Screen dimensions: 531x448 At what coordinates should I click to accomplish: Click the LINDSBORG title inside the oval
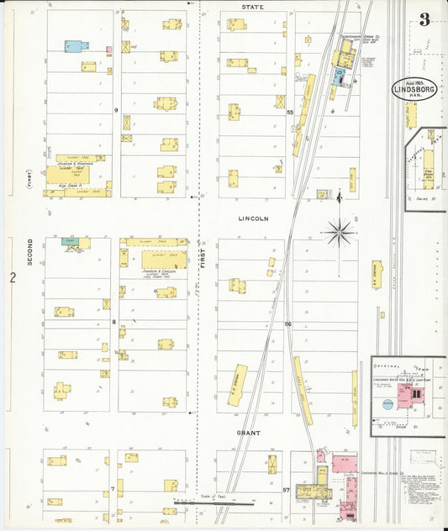[414, 88]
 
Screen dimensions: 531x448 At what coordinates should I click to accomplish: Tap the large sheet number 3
[424, 19]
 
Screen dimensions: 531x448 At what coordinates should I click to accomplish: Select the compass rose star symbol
[340, 232]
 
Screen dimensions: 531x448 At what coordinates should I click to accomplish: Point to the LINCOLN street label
[252, 218]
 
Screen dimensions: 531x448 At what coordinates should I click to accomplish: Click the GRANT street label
[247, 432]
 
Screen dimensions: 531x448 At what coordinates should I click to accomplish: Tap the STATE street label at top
[251, 7]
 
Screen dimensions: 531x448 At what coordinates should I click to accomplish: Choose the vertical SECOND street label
[29, 253]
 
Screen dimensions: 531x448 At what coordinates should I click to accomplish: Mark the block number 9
[115, 109]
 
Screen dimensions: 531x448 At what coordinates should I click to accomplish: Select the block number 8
[113, 322]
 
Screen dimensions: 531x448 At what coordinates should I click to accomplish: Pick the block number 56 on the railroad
[287, 323]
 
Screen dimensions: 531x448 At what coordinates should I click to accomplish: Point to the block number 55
[289, 112]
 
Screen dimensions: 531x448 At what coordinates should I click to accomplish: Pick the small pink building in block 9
[108, 50]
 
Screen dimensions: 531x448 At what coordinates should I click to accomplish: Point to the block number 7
[112, 488]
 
